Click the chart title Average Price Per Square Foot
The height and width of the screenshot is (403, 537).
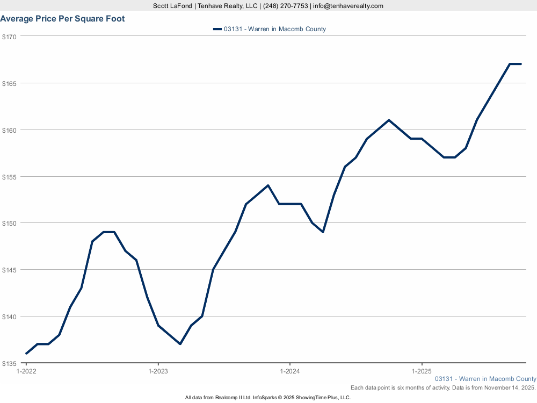[x=62, y=19]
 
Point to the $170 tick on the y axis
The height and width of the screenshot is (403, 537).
[x=10, y=37]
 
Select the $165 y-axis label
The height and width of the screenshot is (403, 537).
[x=10, y=83]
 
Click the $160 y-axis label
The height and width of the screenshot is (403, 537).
[x=10, y=130]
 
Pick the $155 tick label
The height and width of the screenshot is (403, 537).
[x=10, y=177]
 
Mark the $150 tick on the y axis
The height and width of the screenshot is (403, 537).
[x=10, y=223]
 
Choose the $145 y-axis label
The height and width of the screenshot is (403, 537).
[x=10, y=270]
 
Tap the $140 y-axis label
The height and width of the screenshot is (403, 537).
[x=10, y=316]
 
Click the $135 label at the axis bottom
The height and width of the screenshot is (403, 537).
[x=10, y=363]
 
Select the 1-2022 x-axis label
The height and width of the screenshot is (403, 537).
[x=26, y=371]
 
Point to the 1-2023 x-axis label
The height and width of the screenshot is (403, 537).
[x=158, y=371]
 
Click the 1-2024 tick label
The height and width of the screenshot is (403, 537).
[x=290, y=371]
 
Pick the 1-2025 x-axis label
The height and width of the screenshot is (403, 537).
[x=422, y=371]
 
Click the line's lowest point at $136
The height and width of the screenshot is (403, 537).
[x=26, y=354]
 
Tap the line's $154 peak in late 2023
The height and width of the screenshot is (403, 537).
[x=268, y=185]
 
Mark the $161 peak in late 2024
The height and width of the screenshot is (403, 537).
[x=389, y=120]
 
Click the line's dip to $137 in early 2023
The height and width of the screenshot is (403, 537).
[x=180, y=344]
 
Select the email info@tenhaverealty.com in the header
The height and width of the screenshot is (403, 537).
[x=349, y=6]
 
